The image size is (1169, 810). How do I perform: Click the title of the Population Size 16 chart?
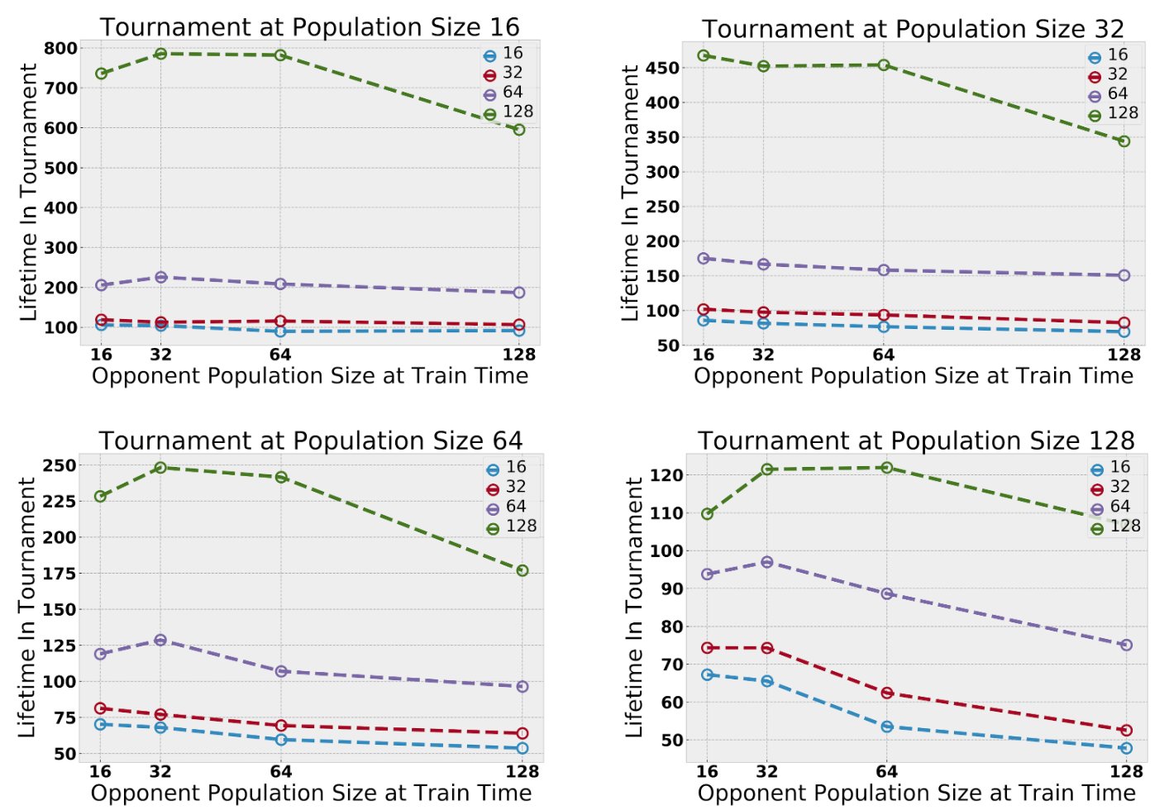[x=310, y=27]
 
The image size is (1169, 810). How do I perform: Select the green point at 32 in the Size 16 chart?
[x=161, y=54]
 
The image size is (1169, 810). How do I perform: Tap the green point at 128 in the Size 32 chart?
[x=1124, y=141]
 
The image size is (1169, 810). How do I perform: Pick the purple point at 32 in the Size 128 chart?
[x=767, y=562]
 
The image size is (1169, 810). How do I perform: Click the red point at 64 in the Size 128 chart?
[x=887, y=693]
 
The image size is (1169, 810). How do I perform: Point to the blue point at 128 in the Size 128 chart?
[x=1126, y=748]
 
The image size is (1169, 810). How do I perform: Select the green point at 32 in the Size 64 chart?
[x=160, y=468]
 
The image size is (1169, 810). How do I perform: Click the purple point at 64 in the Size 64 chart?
[x=281, y=671]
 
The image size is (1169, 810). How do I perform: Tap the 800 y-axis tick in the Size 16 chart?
[x=61, y=49]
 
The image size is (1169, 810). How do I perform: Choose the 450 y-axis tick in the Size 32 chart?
[x=662, y=68]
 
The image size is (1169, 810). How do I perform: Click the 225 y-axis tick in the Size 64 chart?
[x=60, y=501]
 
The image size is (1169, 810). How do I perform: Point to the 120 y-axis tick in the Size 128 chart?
[x=666, y=475]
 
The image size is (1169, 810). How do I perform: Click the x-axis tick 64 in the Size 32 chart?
[x=884, y=355]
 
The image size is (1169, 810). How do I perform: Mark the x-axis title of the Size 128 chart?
[x=916, y=793]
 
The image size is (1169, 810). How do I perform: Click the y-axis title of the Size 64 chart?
[x=26, y=607]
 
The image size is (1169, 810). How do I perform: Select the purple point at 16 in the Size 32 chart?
[x=704, y=259]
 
